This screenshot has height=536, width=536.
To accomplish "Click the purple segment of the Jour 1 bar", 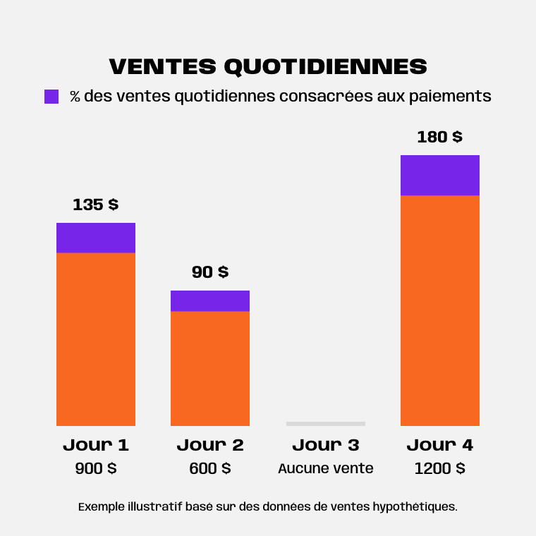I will pos(96,238).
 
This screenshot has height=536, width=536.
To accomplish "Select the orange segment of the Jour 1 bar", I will pos(96,339).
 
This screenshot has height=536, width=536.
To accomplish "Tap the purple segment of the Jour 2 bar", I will pos(210,300).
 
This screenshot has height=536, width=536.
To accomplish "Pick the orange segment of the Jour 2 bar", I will pos(210,368).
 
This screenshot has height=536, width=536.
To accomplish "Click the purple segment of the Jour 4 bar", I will pos(440,175).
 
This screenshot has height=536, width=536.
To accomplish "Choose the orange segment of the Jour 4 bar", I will pos(440,310).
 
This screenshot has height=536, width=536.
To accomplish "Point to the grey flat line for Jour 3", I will pos(326,423).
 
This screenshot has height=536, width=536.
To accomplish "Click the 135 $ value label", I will pos(96,205).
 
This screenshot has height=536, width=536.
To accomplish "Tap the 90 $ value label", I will pos(210,272).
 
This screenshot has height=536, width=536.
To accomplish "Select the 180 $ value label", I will pos(440,137).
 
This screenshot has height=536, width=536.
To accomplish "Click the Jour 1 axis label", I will pos(96,445).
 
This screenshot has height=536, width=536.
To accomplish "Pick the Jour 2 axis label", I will pos(210,445).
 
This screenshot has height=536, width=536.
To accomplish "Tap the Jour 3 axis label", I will pos(326,445).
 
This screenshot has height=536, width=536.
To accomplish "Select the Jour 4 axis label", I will pos(440,445).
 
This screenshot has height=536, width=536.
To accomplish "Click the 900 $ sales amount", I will pos(96,468).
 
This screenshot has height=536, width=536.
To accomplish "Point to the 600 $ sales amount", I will pos(210,468).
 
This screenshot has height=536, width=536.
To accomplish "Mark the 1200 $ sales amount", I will pos(440,468).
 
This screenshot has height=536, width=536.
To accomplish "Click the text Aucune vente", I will pos(326,468).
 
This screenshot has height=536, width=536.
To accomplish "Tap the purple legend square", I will pos(51,97).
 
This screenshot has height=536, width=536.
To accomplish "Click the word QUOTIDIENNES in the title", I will pos(325,66).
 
